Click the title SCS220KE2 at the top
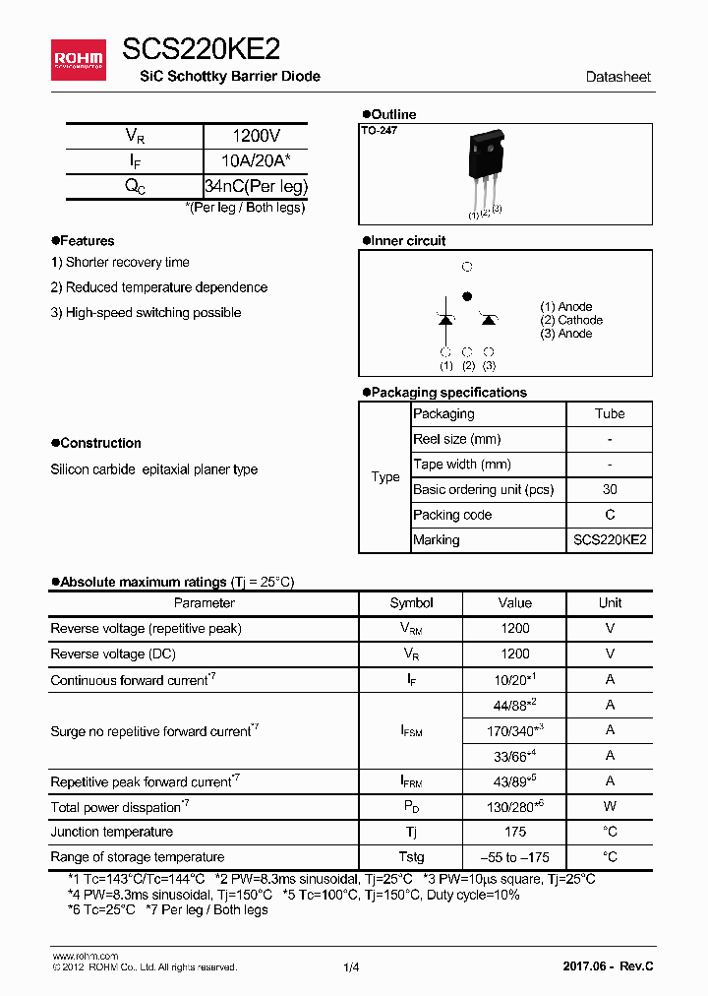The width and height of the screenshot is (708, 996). [x=201, y=49]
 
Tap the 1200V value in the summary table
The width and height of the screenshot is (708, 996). [x=256, y=137]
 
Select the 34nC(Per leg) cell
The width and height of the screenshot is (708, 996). [x=256, y=186]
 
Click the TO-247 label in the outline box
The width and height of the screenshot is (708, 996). [x=379, y=130]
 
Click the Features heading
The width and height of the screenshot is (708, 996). [x=87, y=241]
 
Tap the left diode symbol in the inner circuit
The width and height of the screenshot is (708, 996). [x=445, y=319]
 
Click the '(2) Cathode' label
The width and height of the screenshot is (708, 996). [x=571, y=320]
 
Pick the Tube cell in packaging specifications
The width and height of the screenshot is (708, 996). [x=610, y=414]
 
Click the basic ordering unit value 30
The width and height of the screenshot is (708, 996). [x=610, y=490]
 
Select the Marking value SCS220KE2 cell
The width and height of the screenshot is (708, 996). [x=610, y=540]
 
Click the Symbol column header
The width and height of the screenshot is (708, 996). [x=411, y=603]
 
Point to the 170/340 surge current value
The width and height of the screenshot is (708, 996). [x=514, y=730]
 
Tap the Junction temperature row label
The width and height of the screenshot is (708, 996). [x=111, y=833]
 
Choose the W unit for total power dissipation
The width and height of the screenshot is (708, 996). [x=610, y=807]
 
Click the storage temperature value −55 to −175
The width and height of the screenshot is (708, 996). [x=514, y=857]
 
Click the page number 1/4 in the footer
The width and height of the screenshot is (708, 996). [x=351, y=968]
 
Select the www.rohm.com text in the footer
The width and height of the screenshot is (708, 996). [x=85, y=956]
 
